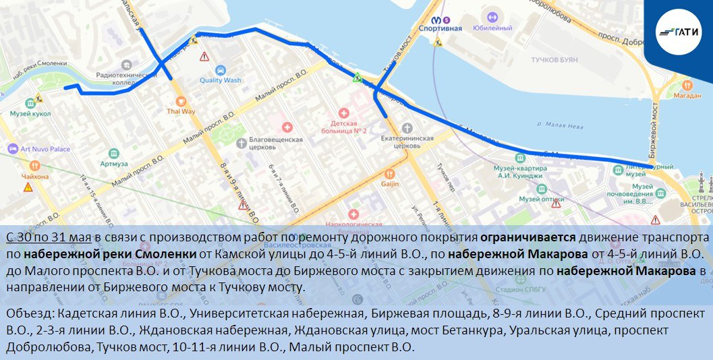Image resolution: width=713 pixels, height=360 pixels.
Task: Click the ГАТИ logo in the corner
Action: (678, 30)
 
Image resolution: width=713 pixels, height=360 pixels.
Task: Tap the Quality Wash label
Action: (220, 80)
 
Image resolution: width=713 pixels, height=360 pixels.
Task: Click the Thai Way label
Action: (181, 111)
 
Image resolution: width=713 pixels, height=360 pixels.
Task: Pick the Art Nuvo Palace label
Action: (45, 149)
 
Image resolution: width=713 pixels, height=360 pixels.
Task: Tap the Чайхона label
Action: (35, 176)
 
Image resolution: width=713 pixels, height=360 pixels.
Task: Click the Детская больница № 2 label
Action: (348, 127)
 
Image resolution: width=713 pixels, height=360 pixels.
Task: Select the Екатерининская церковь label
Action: (407, 140)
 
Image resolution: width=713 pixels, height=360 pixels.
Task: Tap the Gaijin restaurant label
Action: (390, 183)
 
